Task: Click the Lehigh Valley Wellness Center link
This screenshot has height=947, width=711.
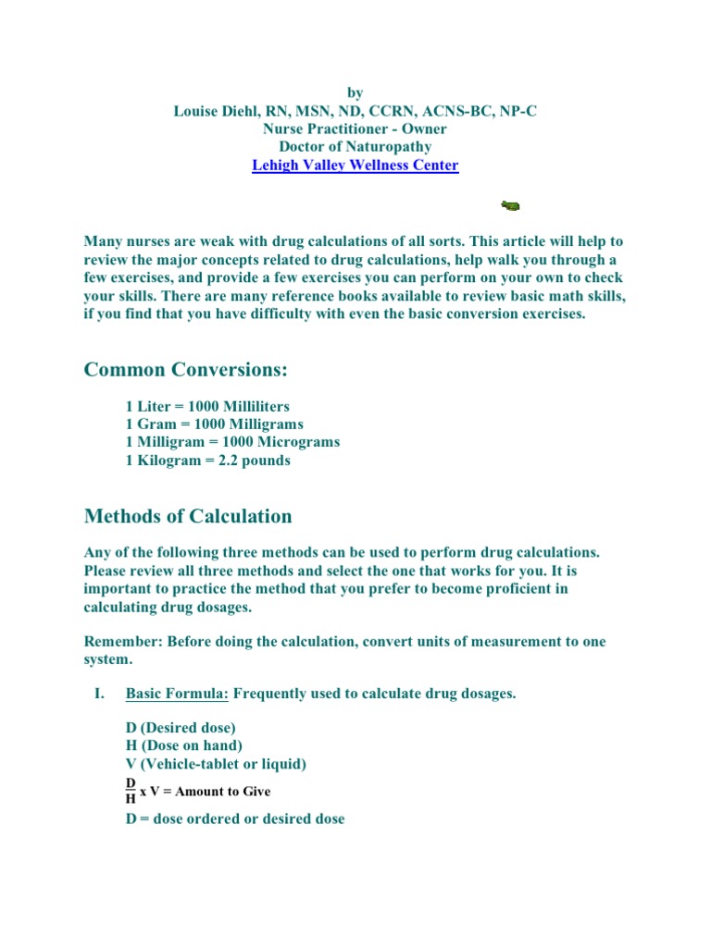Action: click(355, 166)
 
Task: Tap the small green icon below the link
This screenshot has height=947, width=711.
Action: click(510, 204)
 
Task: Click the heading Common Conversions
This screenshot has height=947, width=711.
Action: click(186, 370)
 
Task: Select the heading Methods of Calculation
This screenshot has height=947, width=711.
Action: click(188, 516)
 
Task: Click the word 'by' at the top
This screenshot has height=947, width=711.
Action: click(355, 92)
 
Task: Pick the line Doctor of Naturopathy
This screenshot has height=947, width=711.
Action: click(355, 147)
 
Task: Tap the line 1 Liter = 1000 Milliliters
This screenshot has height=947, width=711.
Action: click(207, 407)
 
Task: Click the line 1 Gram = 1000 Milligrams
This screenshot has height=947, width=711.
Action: click(215, 424)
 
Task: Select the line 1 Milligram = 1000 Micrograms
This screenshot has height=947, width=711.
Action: click(232, 442)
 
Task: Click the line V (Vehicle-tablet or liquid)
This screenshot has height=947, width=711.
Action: click(216, 764)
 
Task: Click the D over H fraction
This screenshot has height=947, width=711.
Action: click(131, 791)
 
